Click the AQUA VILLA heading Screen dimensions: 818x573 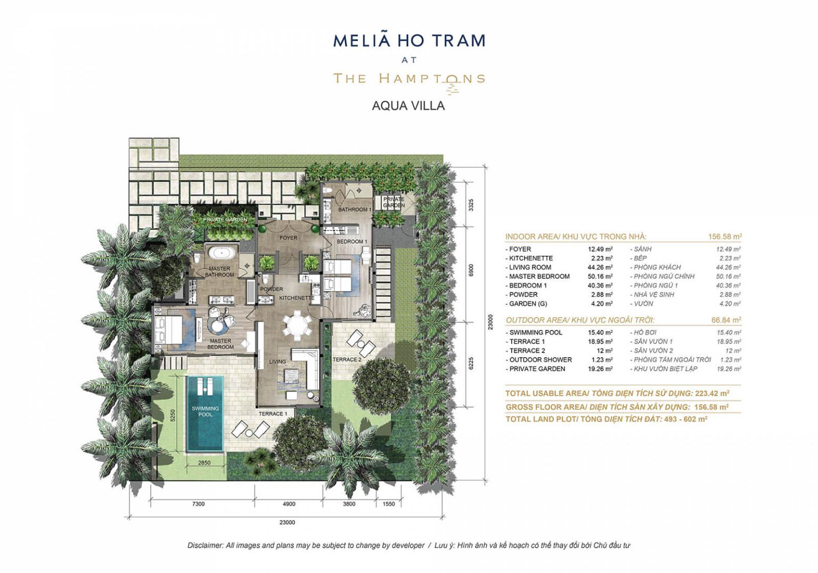click(408, 106)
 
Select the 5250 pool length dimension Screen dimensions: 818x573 click(173, 415)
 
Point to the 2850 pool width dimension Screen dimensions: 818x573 click(204, 463)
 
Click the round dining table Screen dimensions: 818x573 click(297, 325)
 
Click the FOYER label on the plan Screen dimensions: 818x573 click(288, 238)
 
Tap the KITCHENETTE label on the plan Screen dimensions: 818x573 click(297, 298)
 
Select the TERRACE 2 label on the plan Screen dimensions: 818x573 click(347, 360)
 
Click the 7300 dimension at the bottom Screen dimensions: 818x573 click(198, 504)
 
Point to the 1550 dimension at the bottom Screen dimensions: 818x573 click(389, 504)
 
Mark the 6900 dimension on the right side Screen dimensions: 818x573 click(471, 270)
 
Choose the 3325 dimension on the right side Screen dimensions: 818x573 click(471, 205)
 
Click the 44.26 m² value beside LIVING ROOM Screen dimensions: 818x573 click(600, 267)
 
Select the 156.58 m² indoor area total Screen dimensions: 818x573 click(725, 237)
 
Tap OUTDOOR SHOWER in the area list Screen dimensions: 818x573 click(541, 360)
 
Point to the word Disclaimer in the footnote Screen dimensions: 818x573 click(205, 546)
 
